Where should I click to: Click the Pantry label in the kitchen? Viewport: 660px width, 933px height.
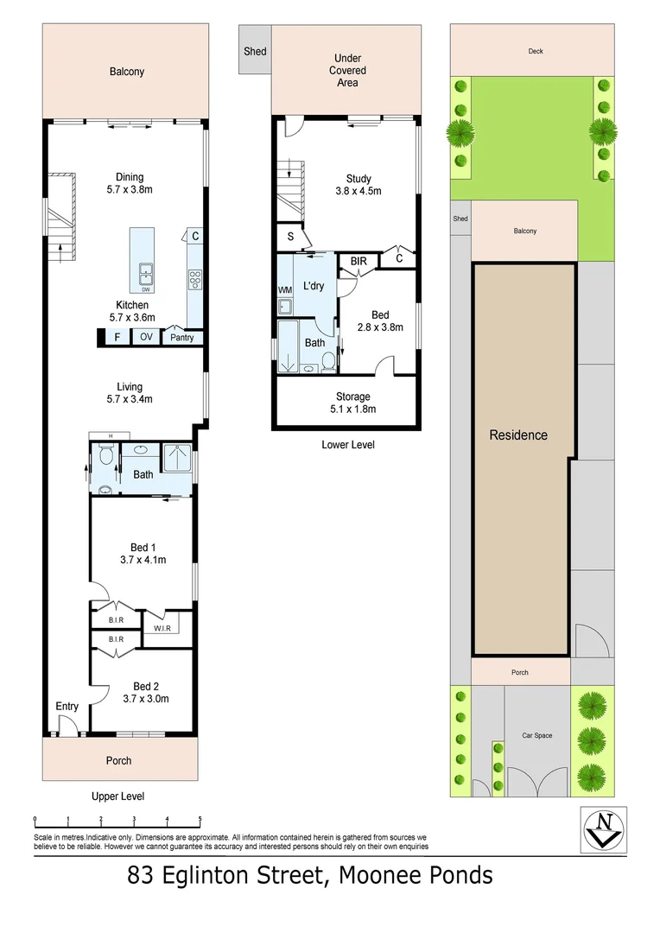182,338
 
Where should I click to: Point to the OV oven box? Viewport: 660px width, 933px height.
146,338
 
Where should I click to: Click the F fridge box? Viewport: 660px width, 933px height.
117,338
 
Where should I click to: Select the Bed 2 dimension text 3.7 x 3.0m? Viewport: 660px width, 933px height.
143,699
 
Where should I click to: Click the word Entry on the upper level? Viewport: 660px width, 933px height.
67,707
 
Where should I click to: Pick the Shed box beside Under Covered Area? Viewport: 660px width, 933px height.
255,52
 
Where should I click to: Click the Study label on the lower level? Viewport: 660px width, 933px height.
358,179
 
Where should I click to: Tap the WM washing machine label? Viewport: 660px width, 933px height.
284,289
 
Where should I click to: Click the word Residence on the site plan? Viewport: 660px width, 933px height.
518,435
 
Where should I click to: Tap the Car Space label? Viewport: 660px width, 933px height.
536,735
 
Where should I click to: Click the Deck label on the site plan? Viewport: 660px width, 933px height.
536,51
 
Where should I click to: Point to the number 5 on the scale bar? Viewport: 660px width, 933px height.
200,819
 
